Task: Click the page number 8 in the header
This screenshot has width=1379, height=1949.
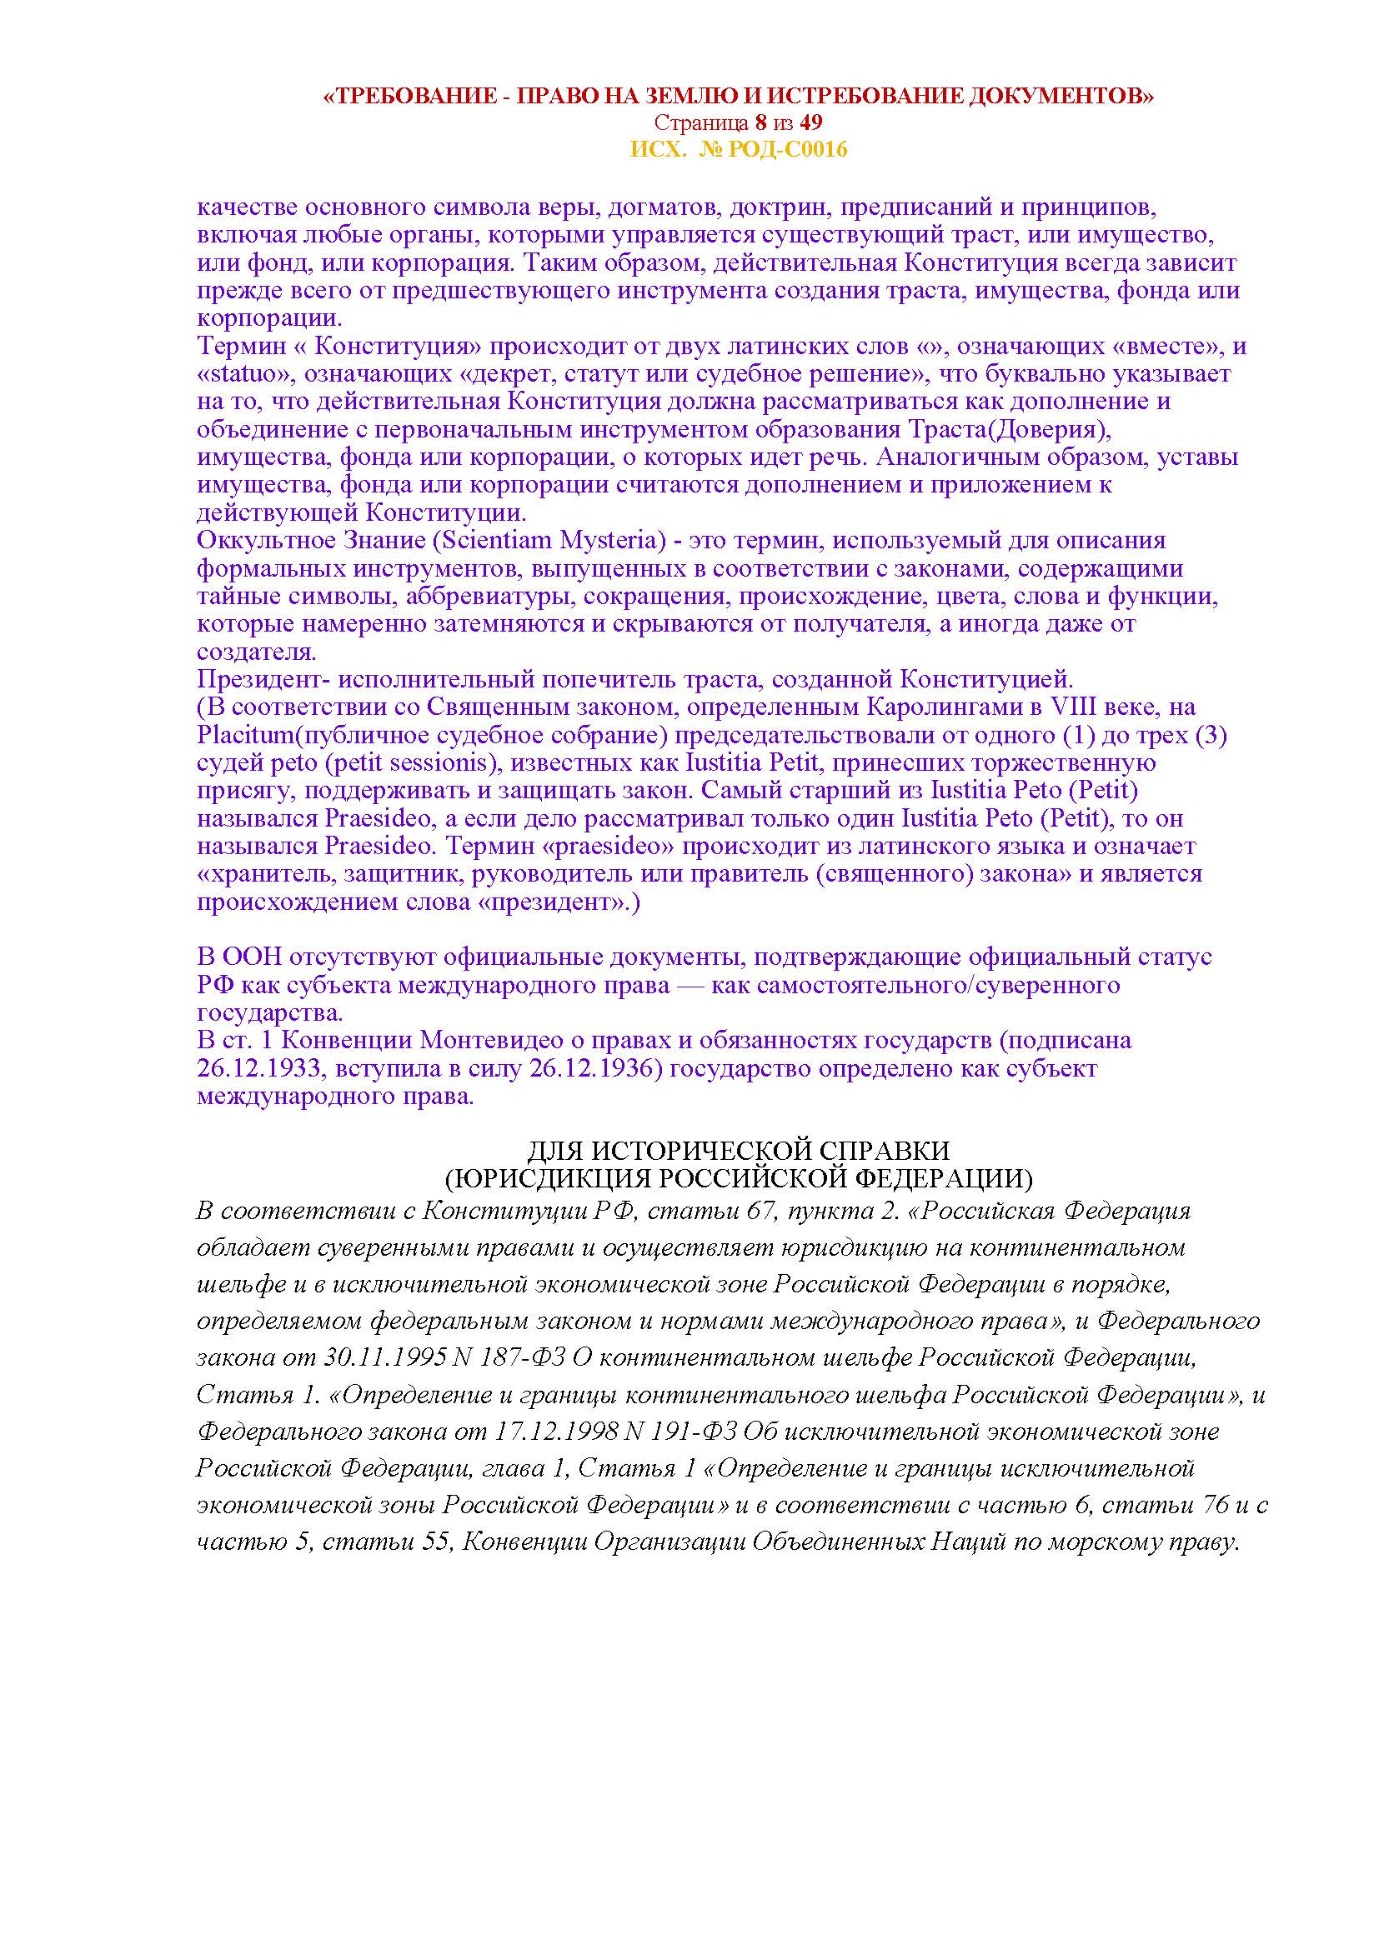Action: (x=760, y=122)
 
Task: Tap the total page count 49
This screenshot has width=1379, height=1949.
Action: (x=810, y=122)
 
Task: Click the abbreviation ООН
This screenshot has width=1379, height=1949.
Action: (x=251, y=957)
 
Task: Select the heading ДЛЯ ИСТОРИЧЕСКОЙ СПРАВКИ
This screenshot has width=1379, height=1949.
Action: (x=738, y=1152)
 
